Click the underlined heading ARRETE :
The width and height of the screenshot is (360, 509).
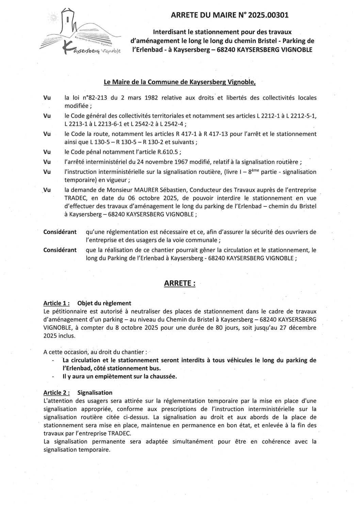(x=180, y=283)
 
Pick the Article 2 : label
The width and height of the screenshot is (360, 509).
(x=57, y=393)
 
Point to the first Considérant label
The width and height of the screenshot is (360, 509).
(x=60, y=232)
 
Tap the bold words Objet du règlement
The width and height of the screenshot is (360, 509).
(x=104, y=303)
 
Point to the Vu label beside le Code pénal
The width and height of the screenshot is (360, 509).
(x=47, y=152)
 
